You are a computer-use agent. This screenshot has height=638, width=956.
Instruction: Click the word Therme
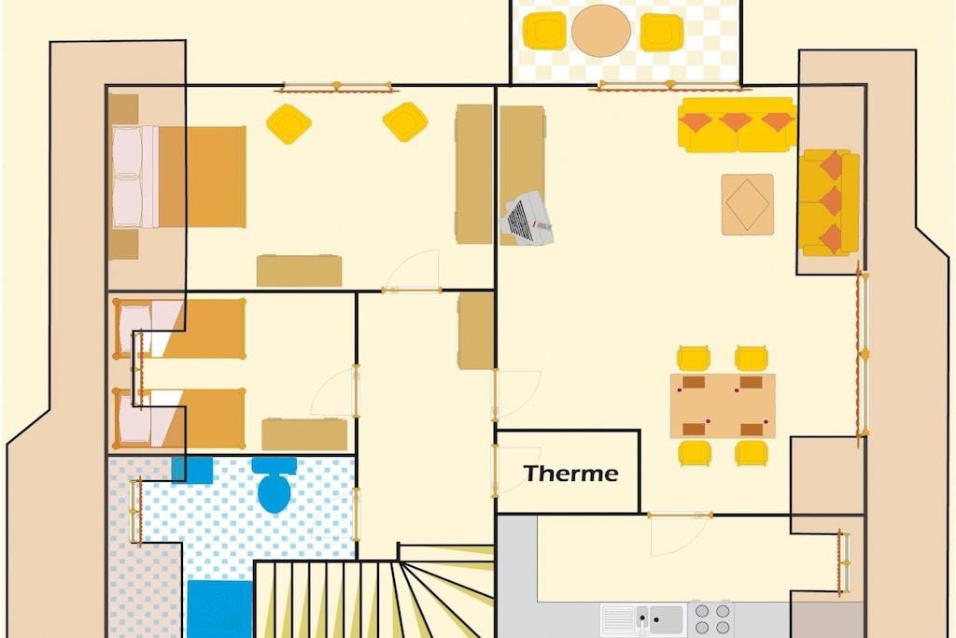570,474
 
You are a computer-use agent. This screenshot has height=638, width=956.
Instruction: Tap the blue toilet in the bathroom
274,485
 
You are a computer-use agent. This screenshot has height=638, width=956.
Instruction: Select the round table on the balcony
601,31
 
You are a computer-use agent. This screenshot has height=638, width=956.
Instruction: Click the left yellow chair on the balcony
545,31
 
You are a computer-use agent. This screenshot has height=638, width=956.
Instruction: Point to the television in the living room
527,219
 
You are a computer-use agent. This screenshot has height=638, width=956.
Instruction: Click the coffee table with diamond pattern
748,205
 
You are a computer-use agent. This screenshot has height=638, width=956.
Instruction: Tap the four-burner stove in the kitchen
711,619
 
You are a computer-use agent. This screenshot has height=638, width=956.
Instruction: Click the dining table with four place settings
723,405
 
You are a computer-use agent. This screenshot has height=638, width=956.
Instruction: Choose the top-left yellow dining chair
694,359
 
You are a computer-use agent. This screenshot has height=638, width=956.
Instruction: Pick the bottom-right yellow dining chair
752,452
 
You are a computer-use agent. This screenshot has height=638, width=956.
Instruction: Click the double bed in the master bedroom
178,177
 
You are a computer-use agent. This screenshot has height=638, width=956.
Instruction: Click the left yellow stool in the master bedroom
289,124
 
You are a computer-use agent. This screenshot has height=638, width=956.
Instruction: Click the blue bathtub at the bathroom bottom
219,609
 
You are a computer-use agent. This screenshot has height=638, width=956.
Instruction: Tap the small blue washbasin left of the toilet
192,470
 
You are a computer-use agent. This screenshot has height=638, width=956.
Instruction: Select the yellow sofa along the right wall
829,203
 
